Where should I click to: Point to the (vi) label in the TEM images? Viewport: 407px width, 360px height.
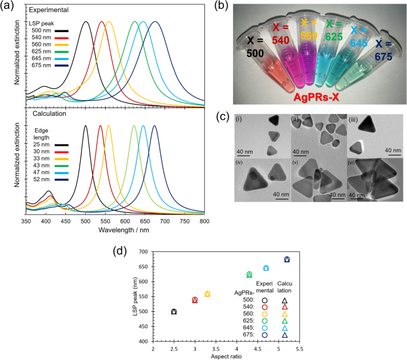(x=352, y=162)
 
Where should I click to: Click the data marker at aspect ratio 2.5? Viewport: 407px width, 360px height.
(x=173, y=312)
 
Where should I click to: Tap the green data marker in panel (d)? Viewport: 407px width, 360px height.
(x=249, y=274)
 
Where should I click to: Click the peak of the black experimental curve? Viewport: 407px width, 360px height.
(x=86, y=22)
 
